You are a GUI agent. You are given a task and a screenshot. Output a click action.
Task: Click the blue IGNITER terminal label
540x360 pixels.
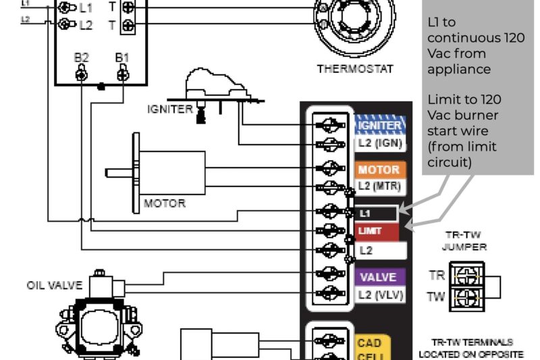pyautogui.click(x=379, y=124)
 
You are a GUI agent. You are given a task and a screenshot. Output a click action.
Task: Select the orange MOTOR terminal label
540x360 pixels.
pyautogui.click(x=379, y=170)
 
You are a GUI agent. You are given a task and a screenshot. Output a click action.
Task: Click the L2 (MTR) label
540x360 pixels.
pyautogui.click(x=379, y=186)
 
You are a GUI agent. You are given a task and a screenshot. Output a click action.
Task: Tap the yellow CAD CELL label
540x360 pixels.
pyautogui.click(x=370, y=349)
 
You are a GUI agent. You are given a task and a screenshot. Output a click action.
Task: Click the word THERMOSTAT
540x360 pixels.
pyautogui.click(x=355, y=69)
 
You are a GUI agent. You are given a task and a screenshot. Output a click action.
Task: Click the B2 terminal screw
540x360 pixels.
pyautogui.click(x=81, y=74)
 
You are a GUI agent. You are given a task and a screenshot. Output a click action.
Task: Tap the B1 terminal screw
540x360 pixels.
pyautogui.click(x=122, y=74)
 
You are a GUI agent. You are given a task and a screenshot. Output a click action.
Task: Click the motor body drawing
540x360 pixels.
pyautogui.click(x=172, y=173)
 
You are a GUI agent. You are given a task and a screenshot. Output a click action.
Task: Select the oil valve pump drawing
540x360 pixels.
pyautogui.click(x=98, y=324)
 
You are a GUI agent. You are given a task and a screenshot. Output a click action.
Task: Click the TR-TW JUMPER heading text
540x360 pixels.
pyautogui.click(x=464, y=241)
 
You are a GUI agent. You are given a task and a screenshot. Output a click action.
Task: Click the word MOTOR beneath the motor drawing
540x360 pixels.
pyautogui.click(x=164, y=203)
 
